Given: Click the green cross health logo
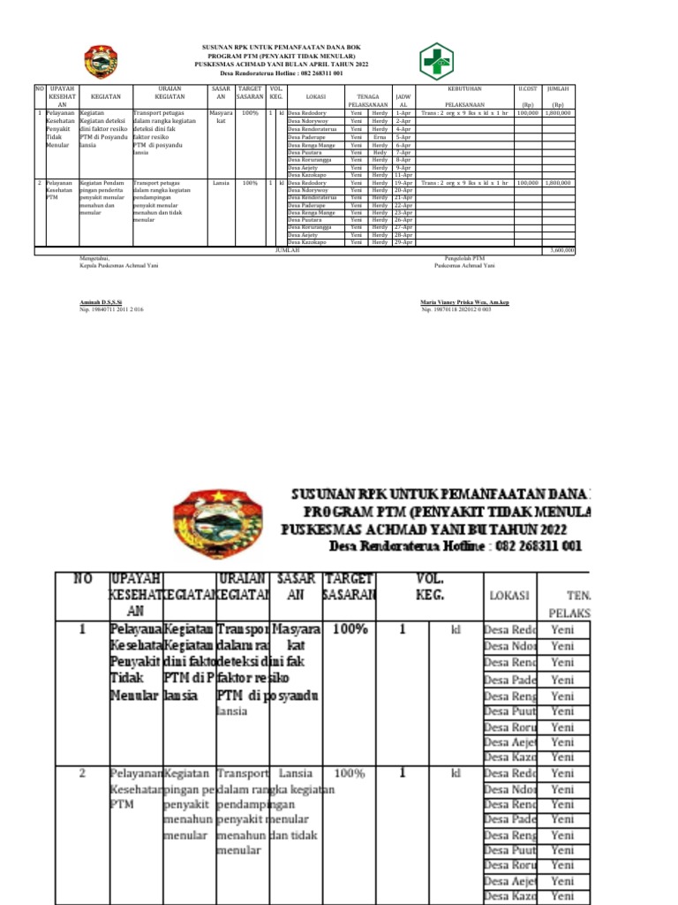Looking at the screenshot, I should (435, 61).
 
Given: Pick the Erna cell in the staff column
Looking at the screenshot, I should (380, 137).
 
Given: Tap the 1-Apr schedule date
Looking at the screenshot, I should (403, 113).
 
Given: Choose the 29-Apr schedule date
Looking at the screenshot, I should (403, 242).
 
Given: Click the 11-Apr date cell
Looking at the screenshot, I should (403, 175).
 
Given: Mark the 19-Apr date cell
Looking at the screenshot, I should (403, 183).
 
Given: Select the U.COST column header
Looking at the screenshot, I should (528, 89).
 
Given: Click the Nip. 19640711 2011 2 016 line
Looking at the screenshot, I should (112, 310).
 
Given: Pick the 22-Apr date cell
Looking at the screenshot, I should (403, 205).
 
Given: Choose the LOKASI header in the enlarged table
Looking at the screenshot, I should (509, 596).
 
